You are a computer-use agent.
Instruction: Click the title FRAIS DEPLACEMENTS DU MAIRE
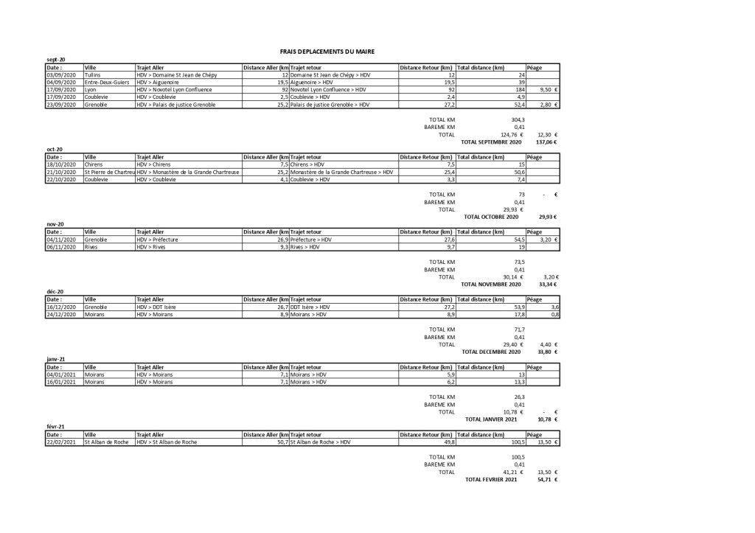click(327, 52)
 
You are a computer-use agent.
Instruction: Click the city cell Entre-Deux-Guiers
click(107, 83)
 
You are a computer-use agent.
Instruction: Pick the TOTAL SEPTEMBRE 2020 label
click(490, 142)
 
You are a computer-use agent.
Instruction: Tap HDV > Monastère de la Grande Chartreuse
click(189, 172)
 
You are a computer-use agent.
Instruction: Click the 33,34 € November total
click(546, 284)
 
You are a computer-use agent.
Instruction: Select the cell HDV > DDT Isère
click(159, 307)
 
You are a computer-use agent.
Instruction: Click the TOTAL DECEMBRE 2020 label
click(491, 352)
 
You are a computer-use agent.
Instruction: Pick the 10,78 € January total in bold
click(546, 419)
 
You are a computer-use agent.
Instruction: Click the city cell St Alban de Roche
click(108, 442)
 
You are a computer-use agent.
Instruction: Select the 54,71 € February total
click(546, 479)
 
